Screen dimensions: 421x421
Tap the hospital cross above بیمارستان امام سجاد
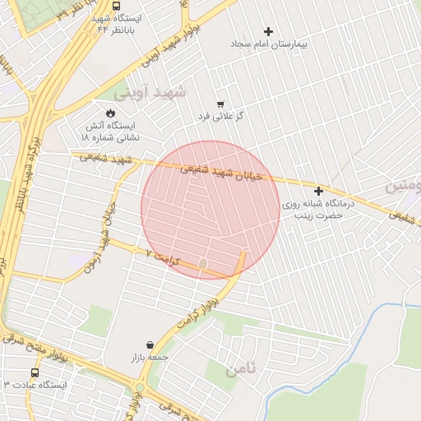pyautogui.click(x=268, y=31)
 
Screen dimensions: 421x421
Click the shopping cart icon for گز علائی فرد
pyautogui.click(x=220, y=104)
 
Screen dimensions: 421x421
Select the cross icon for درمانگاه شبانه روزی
pyautogui.click(x=318, y=191)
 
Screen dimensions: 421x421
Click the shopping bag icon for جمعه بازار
pyautogui.click(x=150, y=345)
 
